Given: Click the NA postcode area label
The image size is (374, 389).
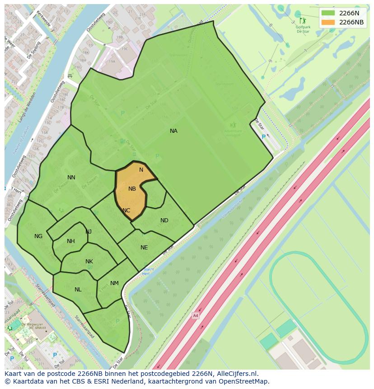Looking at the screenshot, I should click(173, 131).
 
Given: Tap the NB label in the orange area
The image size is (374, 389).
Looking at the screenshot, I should click(132, 189).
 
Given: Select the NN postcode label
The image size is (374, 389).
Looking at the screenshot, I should click(71, 178).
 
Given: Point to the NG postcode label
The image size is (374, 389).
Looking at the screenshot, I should click(38, 236).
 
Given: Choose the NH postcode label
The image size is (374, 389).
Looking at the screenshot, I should click(71, 241).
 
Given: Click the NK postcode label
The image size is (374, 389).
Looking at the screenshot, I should click(89, 262).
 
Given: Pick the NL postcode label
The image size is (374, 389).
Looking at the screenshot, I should click(78, 290).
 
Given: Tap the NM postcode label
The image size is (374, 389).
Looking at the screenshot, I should click(114, 283).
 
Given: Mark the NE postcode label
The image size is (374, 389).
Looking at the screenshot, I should click(144, 248).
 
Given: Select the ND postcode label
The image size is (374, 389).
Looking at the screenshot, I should click(164, 220).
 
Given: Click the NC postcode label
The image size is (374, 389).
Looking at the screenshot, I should click(126, 211).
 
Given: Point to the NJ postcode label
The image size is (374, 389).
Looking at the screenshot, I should click(89, 232).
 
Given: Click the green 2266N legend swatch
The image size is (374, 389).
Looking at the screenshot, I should click(328, 13).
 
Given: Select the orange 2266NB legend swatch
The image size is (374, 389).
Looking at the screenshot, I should click(328, 22).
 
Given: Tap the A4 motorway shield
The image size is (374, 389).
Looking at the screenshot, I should click(195, 315).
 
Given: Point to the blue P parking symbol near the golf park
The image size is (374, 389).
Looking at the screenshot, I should click(264, 137).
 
